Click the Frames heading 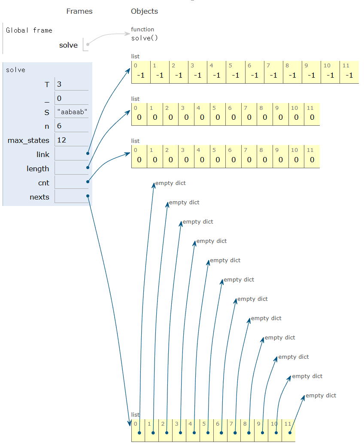point(79,11)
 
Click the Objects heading point(144,11)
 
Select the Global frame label point(29,30)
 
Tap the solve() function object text point(145,38)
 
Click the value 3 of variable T point(59,85)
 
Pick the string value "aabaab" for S point(72,112)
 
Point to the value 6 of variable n point(59,126)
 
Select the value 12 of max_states point(61,140)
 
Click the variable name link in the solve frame point(43,154)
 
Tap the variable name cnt point(44,183)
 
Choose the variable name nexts point(39,197)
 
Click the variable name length point(38,169)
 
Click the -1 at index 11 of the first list point(349,76)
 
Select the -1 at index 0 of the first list point(140,76)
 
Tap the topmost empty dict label point(170,183)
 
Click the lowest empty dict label point(321,396)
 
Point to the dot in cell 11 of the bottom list point(290,433)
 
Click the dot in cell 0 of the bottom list point(139,433)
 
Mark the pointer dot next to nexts point(88,196)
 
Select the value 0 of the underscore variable point(59,98)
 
